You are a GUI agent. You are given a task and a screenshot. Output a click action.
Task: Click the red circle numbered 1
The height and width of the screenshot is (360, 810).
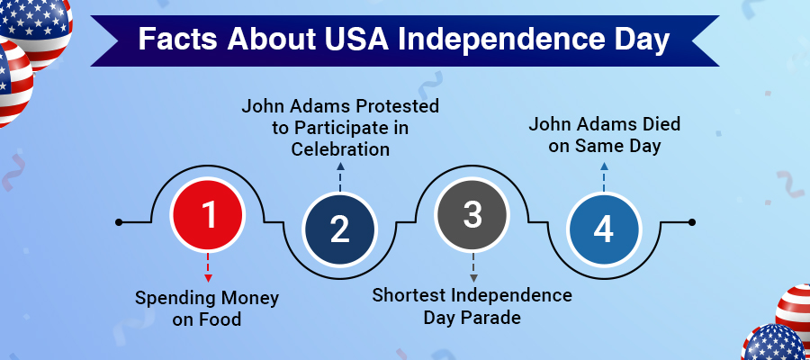pos(209,216)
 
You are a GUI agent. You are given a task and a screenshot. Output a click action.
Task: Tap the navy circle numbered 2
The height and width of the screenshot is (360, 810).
pos(339,230)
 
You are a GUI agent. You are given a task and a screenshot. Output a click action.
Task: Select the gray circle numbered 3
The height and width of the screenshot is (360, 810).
pos(472,216)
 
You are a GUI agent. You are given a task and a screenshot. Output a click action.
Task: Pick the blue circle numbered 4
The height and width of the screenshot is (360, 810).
pos(603,230)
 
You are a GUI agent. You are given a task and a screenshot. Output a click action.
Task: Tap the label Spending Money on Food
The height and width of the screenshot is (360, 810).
pos(207,308)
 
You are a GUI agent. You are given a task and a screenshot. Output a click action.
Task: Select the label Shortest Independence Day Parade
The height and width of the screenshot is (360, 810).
pos(472,306)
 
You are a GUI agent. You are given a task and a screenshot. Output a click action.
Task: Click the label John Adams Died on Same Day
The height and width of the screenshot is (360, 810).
pos(603,135)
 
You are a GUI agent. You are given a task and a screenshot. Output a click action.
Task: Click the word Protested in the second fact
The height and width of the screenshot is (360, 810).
pos(390,107)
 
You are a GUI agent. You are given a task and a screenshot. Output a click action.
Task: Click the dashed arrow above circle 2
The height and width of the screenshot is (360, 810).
pos(339,177)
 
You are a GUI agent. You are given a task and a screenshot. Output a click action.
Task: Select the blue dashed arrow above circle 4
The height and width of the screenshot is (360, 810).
pos(603,177)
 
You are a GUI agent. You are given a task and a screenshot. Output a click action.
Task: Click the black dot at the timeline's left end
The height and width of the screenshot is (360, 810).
pos(119,221)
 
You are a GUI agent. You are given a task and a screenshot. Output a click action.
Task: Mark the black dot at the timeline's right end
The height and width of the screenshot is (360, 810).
pos(691,221)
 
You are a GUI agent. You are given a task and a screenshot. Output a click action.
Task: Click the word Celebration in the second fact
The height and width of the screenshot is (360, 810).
pos(340,148)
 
